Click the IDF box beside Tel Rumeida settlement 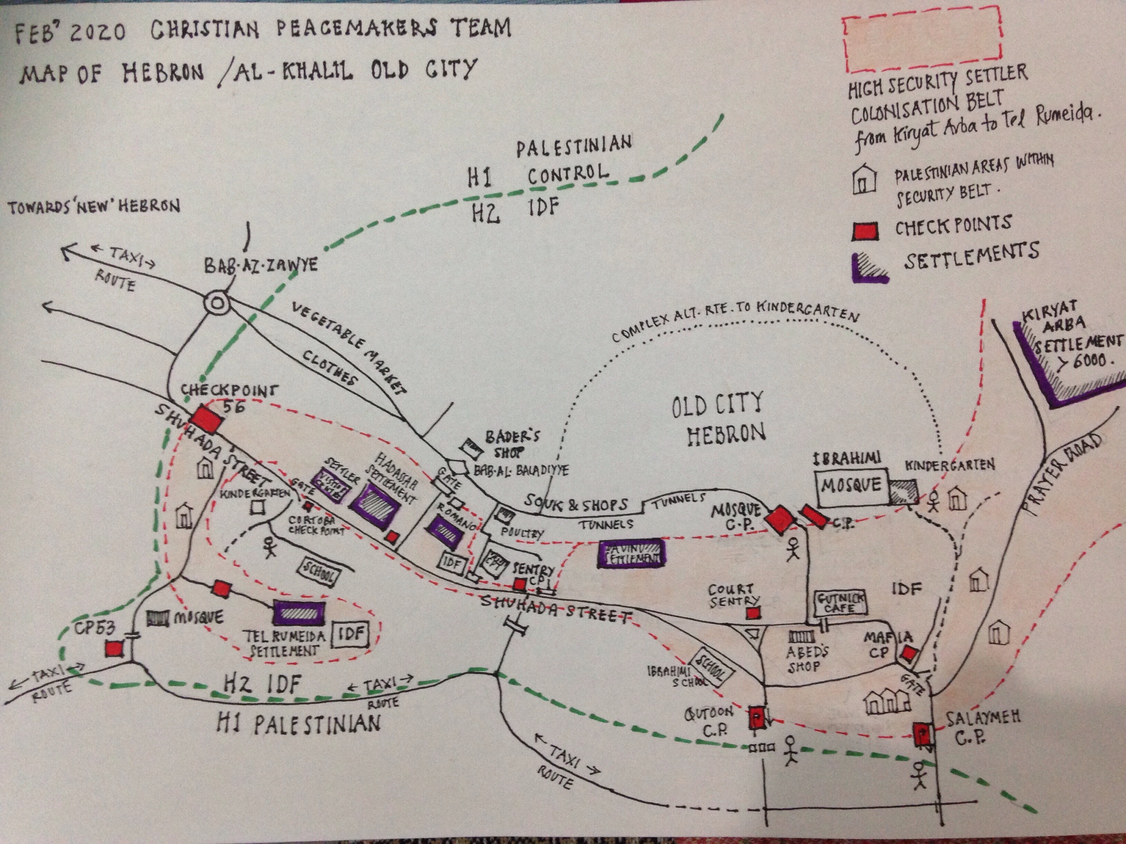(351, 633)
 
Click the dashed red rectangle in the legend (921, 39)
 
